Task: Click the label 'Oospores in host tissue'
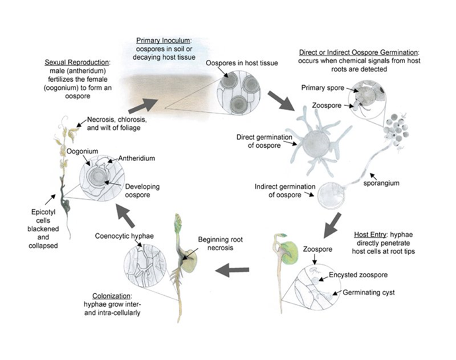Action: (x=242, y=63)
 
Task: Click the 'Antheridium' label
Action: (x=137, y=158)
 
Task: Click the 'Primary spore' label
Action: (x=323, y=88)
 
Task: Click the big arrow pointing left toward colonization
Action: (x=232, y=270)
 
